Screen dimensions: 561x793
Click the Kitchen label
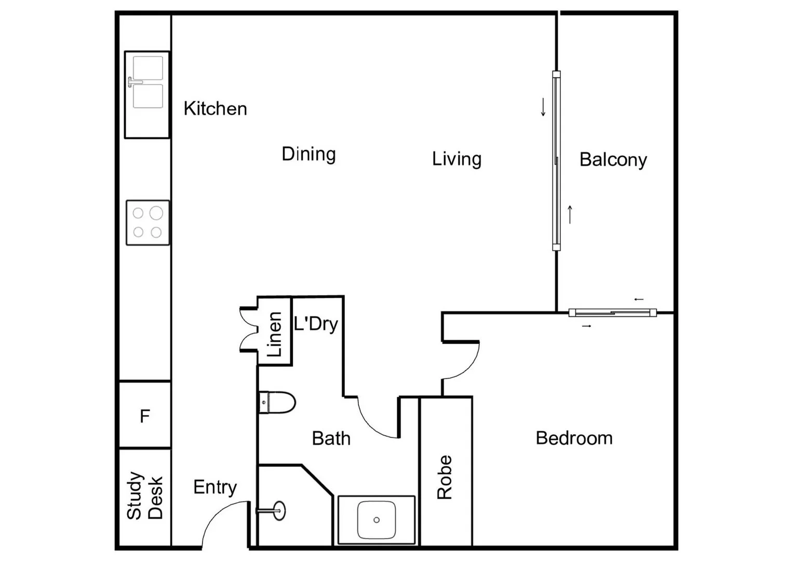(x=215, y=109)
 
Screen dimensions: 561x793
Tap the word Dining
(x=308, y=154)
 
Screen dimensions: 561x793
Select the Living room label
(x=456, y=159)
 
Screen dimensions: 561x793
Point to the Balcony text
(x=613, y=159)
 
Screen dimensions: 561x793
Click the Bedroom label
(x=574, y=438)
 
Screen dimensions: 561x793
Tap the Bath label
(x=331, y=438)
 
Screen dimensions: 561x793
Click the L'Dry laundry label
(x=316, y=324)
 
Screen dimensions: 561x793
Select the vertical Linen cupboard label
(x=274, y=334)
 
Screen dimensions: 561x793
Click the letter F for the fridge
(x=145, y=416)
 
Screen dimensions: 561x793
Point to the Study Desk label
(x=145, y=496)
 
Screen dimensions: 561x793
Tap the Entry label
(x=215, y=487)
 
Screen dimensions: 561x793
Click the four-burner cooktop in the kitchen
(x=147, y=222)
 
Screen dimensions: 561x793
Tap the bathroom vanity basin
(x=376, y=520)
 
